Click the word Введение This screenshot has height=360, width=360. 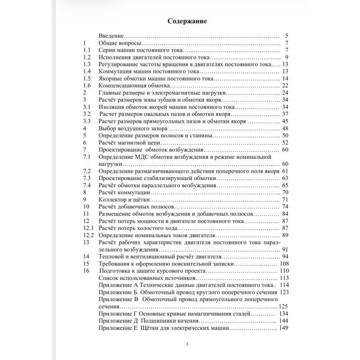[110, 36]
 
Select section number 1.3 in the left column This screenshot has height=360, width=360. [88, 64]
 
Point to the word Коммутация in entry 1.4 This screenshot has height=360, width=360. [116, 72]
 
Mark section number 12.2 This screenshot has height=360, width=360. [89, 235]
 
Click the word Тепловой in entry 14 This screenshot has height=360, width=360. [112, 256]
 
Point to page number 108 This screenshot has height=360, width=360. [284, 264]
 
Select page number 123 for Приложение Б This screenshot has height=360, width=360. [284, 292]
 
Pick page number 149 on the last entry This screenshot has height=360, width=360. [284, 328]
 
